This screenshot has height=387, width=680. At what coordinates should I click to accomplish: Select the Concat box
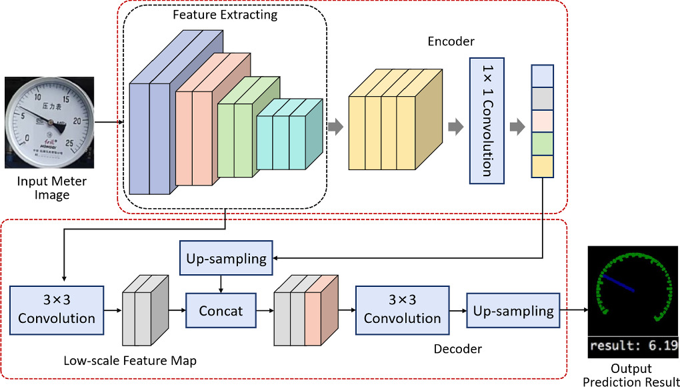tap(221, 310)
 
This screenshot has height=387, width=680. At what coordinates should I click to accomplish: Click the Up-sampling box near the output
tap(513, 310)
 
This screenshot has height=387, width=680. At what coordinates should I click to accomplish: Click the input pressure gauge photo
tap(49, 122)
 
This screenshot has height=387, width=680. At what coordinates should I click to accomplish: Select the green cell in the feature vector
tap(542, 143)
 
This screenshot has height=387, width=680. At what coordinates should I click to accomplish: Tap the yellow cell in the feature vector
tap(542, 165)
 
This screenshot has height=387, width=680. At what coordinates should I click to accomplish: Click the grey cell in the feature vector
tap(542, 98)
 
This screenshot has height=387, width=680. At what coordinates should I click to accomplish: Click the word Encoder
tap(451, 41)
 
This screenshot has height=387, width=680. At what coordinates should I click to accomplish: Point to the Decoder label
tap(457, 348)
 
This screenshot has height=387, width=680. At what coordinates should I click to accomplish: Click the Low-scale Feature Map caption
tap(130, 361)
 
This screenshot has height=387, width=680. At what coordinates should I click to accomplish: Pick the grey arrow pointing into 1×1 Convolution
tap(456, 127)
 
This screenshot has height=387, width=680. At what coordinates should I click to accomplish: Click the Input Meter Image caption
tap(52, 188)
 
